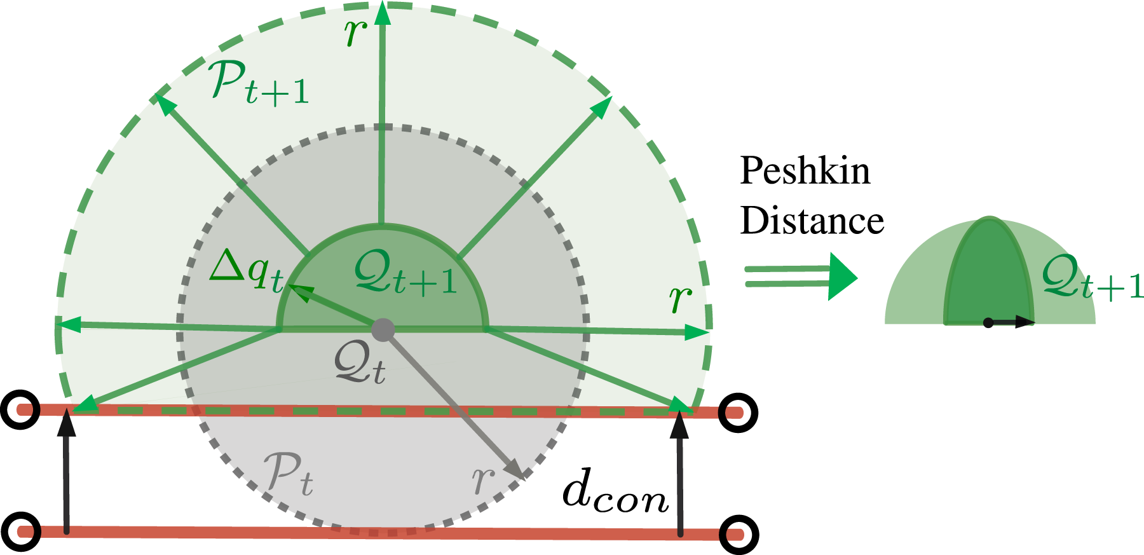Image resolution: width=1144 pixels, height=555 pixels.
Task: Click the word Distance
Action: (812, 221)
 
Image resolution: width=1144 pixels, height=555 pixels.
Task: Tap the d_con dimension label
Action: (616, 493)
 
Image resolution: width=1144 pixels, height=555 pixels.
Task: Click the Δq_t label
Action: (247, 270)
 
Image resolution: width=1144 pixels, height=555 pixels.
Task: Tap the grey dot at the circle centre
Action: (383, 329)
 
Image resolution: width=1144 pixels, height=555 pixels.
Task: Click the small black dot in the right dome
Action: (988, 323)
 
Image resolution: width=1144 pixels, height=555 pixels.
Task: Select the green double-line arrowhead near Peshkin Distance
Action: (843, 277)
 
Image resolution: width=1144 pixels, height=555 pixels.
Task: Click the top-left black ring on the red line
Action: (21, 409)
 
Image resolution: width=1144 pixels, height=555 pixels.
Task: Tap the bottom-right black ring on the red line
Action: (739, 534)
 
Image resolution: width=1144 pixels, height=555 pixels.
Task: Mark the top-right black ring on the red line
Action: (739, 413)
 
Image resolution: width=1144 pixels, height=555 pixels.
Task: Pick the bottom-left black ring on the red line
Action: (21, 531)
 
